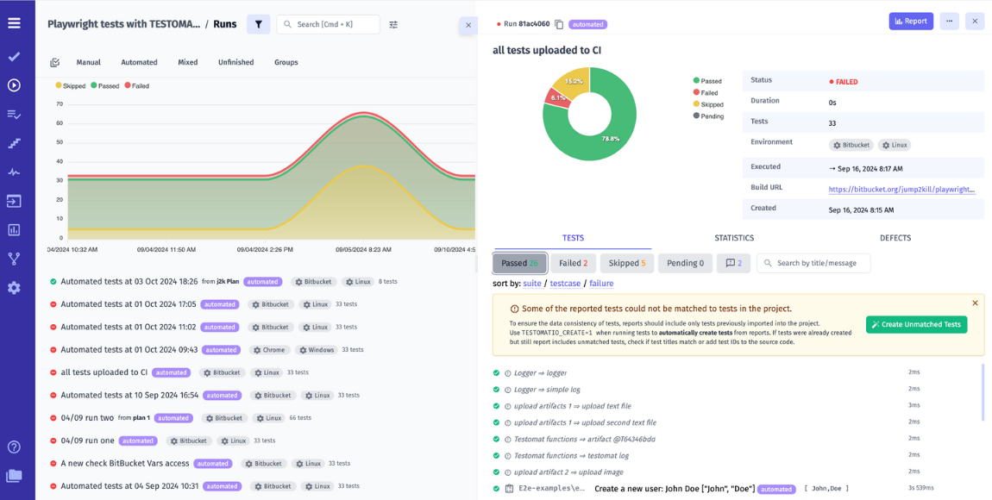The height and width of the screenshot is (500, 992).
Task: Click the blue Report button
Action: (x=911, y=22)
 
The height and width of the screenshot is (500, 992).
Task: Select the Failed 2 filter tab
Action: (x=573, y=263)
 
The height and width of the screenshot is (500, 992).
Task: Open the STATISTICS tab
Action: (x=734, y=238)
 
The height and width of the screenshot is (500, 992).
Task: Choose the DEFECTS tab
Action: (x=895, y=238)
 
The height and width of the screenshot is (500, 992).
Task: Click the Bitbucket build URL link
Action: (x=901, y=189)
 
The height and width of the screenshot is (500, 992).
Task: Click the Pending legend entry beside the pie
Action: (x=711, y=116)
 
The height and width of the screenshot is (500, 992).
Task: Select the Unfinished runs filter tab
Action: (x=235, y=62)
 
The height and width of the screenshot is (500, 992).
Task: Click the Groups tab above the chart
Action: (x=286, y=62)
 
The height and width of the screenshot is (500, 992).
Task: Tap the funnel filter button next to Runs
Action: (x=258, y=25)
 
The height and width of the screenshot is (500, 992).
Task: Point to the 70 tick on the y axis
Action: (x=60, y=104)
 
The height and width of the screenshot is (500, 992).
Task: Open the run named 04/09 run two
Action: (x=87, y=418)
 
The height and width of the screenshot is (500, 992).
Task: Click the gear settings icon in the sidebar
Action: (x=14, y=288)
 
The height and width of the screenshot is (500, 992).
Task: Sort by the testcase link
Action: (x=565, y=283)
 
